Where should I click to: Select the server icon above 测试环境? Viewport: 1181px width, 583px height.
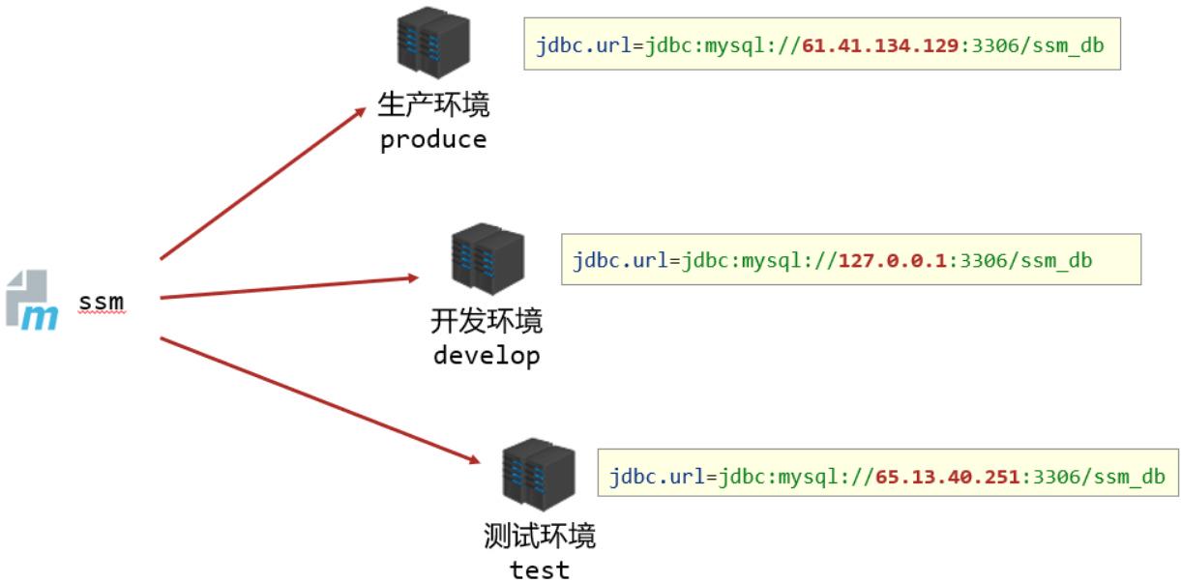pyautogui.click(x=539, y=476)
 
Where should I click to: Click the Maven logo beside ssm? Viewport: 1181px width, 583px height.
pyautogui.click(x=32, y=302)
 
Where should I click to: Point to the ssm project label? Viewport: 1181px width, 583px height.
pyautogui.click(x=102, y=303)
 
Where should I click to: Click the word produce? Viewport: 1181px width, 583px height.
pyautogui.click(x=433, y=140)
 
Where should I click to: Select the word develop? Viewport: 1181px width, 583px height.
pyautogui.click(x=487, y=355)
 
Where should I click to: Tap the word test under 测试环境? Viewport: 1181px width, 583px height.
pyautogui.click(x=539, y=568)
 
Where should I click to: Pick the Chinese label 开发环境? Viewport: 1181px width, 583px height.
pyautogui.click(x=487, y=321)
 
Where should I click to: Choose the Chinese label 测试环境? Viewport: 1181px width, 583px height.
pyautogui.click(x=539, y=535)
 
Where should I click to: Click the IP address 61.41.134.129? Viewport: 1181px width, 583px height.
pyautogui.click(x=879, y=44)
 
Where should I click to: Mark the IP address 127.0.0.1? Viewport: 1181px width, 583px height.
pyautogui.click(x=890, y=259)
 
